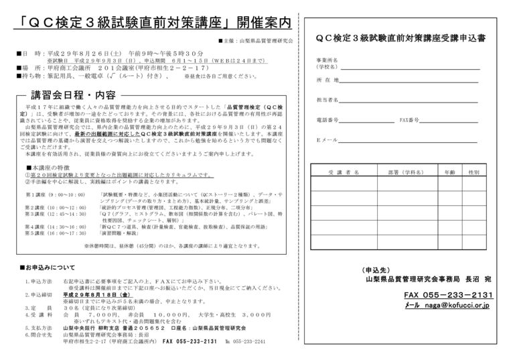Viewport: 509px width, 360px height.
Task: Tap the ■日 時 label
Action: coord(25,52)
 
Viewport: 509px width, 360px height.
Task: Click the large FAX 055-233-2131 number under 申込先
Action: coord(447,295)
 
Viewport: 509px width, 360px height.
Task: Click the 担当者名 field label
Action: coord(328,100)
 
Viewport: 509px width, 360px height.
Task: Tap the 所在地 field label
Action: coord(327,80)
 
